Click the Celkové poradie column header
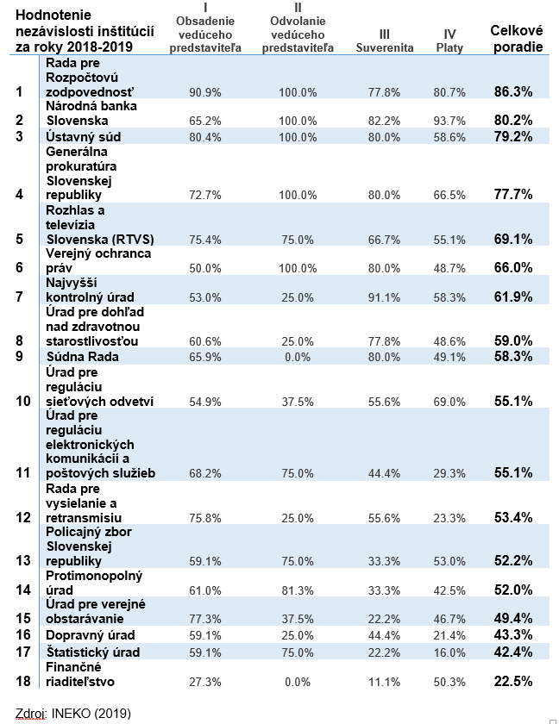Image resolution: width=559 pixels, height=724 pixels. pyautogui.click(x=517, y=39)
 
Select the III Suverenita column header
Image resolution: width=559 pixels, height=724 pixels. pyautogui.click(x=385, y=41)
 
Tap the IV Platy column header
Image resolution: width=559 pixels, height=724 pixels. pyautogui.click(x=449, y=41)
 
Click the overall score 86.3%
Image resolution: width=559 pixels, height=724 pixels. pyautogui.click(x=513, y=91)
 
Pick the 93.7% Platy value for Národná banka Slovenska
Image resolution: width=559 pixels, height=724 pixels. pyautogui.click(x=449, y=121)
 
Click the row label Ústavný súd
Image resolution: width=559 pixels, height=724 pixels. pyautogui.click(x=84, y=137)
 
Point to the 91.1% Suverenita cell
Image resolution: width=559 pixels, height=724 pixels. pyautogui.click(x=384, y=297)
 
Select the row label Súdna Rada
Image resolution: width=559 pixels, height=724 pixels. pyautogui.click(x=82, y=357)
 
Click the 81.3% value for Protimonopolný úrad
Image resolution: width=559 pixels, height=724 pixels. pyautogui.click(x=298, y=590)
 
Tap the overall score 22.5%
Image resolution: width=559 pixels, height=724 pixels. pyautogui.click(x=513, y=681)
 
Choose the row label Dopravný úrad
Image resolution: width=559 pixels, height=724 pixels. pyautogui.click(x=91, y=635)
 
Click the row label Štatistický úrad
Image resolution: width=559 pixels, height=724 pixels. pyautogui.click(x=93, y=652)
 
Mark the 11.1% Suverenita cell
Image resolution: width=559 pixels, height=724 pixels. pyautogui.click(x=384, y=682)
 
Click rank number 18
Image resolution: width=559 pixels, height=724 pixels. pyautogui.click(x=23, y=681)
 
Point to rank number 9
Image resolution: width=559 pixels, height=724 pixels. pyautogui.click(x=19, y=356)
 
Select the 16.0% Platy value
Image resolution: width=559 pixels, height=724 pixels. pyautogui.click(x=449, y=652)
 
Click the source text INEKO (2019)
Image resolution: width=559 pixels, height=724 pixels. pyautogui.click(x=91, y=714)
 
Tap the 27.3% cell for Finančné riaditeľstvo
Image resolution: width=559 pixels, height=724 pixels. pyautogui.click(x=205, y=682)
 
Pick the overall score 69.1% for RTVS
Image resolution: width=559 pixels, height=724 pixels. pyautogui.click(x=513, y=239)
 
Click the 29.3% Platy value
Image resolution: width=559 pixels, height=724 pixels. pyautogui.click(x=449, y=473)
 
